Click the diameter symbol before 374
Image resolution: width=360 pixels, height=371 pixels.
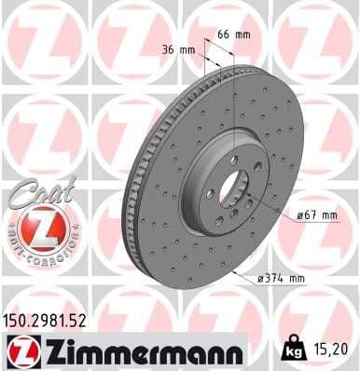265,277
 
